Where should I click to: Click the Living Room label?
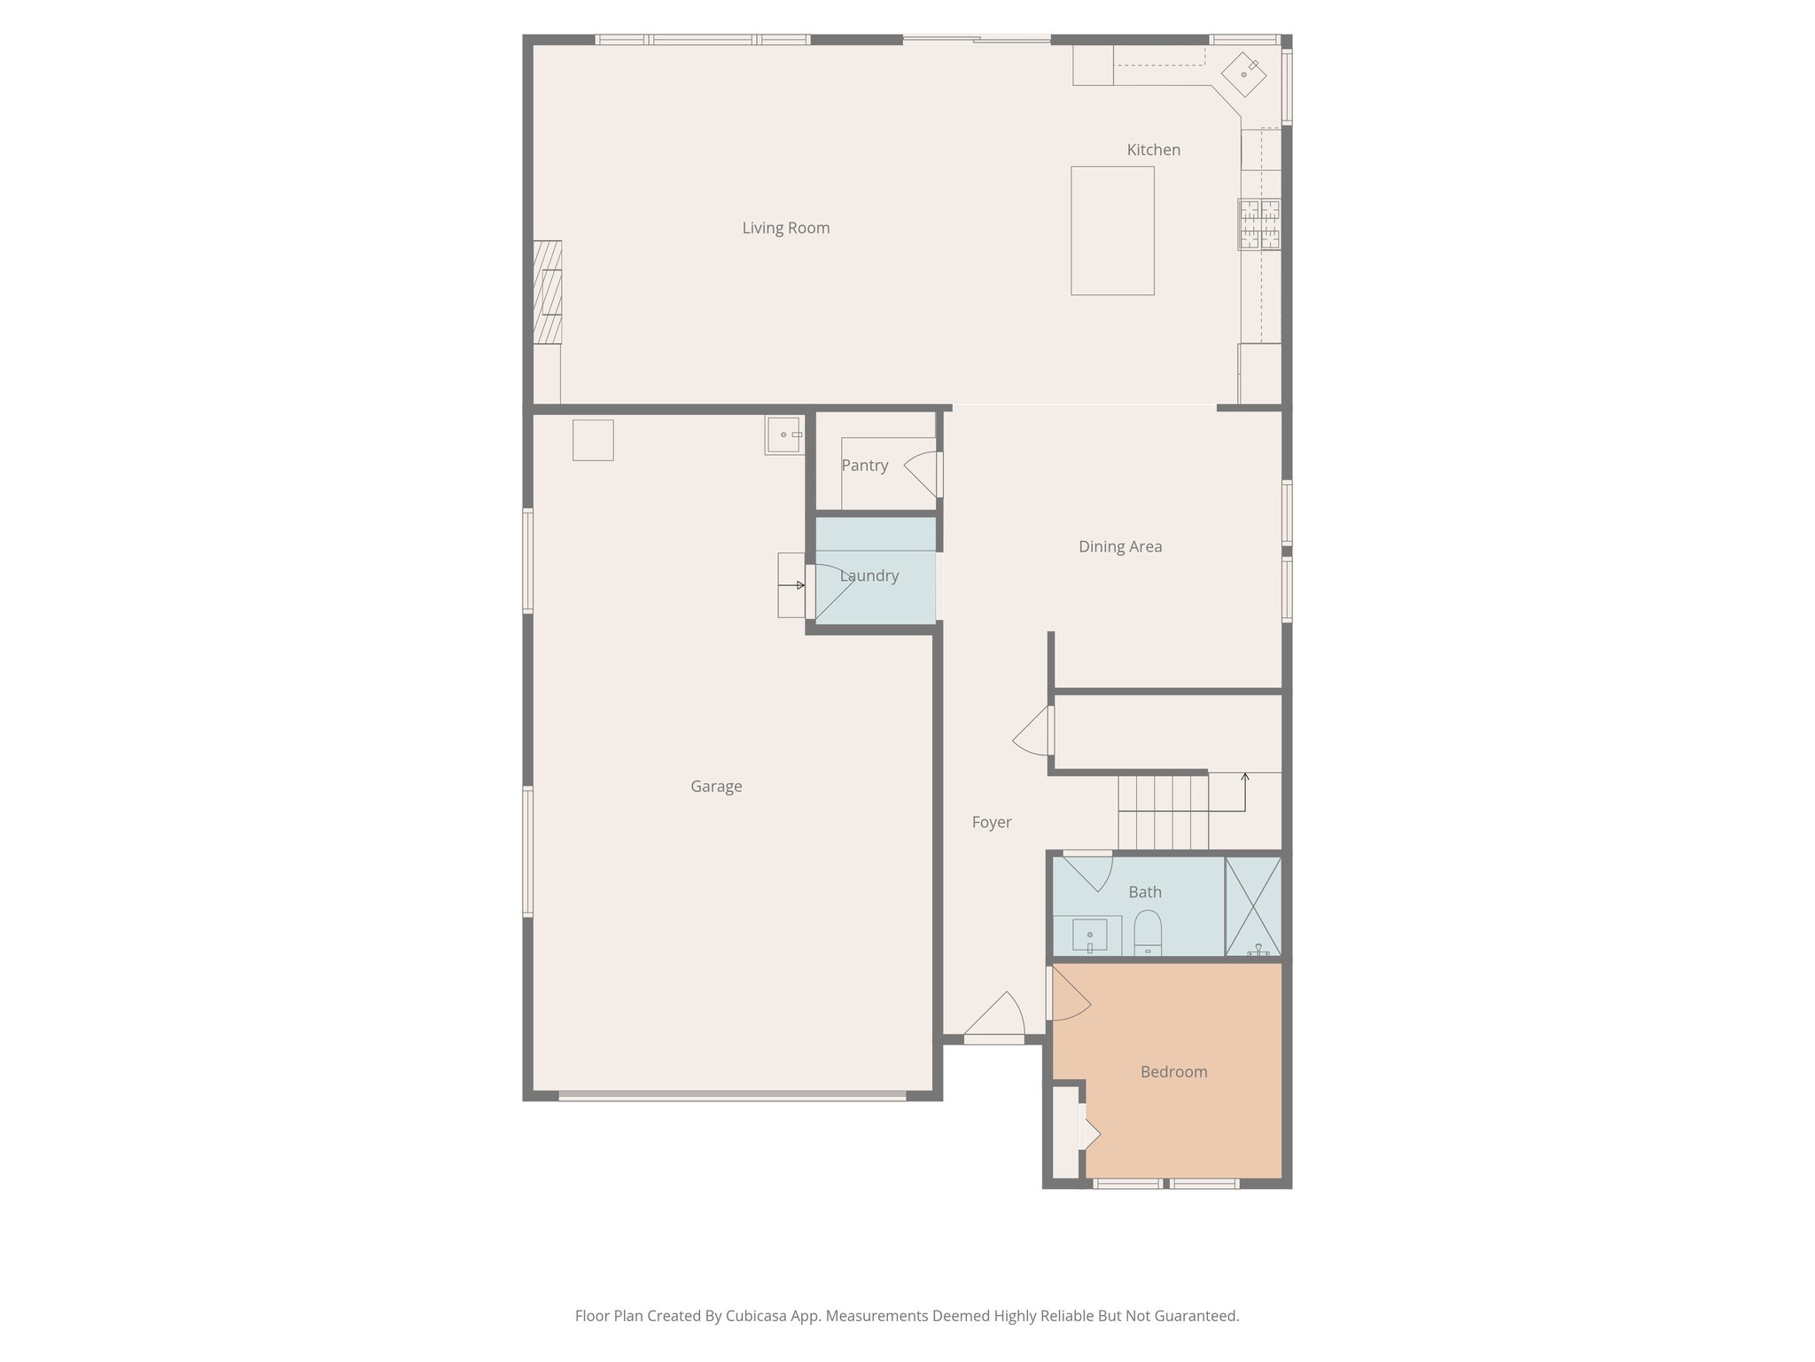(x=786, y=228)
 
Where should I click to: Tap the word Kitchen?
(x=1153, y=150)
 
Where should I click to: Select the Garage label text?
(x=716, y=787)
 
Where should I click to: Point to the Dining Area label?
(x=1120, y=547)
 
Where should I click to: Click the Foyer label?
(x=991, y=823)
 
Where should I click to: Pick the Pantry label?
(x=864, y=466)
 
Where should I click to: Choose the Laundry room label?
(x=869, y=576)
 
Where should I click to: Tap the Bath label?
(x=1145, y=892)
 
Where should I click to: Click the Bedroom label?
(x=1173, y=1072)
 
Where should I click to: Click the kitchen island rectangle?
(x=1112, y=231)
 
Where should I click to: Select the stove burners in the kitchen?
(x=1259, y=223)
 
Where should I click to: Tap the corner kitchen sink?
(x=1244, y=74)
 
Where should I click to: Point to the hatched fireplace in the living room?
(x=548, y=292)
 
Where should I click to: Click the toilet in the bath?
(x=1148, y=932)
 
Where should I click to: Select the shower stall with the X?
(x=1253, y=905)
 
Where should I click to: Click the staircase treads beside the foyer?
(x=1163, y=811)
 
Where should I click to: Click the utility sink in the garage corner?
(x=784, y=435)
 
